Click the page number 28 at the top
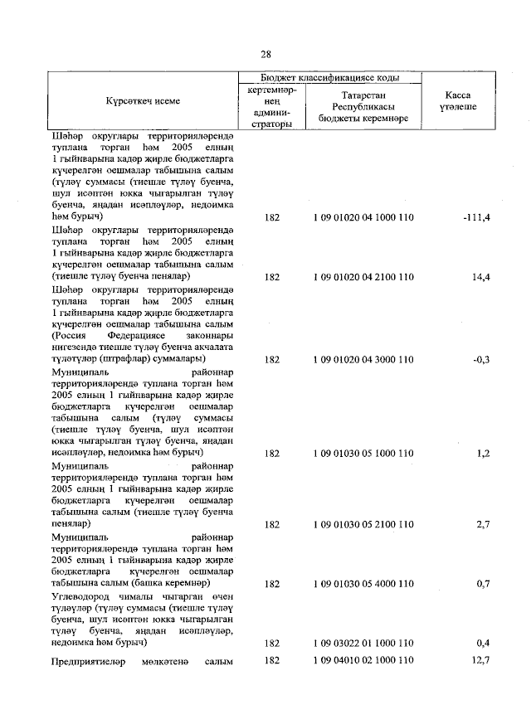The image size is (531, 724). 265,55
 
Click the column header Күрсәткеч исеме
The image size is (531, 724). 143,100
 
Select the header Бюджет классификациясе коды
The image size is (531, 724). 329,77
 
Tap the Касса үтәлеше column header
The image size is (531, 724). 460,100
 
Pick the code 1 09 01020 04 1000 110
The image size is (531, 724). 363,216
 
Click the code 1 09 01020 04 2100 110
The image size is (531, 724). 363,276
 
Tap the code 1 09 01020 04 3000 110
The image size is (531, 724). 363,360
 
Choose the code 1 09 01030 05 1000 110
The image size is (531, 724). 363,454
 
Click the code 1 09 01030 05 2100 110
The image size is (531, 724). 363,525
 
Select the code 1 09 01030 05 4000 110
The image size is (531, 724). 363,584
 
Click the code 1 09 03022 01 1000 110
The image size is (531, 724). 363,643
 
